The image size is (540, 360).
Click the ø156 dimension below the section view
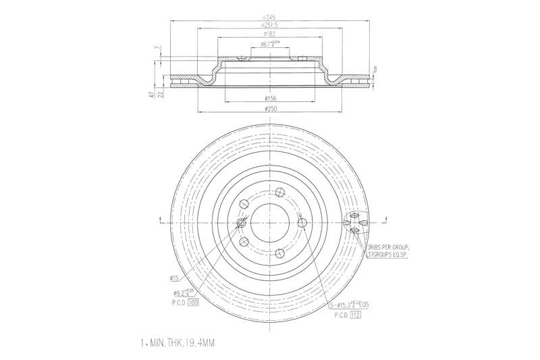[x=270, y=99]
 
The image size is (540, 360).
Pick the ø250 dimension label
[x=270, y=108]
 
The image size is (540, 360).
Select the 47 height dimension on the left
[x=152, y=95]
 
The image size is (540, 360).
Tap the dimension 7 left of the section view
[x=157, y=49]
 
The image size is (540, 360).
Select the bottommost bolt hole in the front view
[x=278, y=253]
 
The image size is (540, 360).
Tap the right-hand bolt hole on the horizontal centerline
[x=302, y=223]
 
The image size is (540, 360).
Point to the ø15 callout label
[x=173, y=278]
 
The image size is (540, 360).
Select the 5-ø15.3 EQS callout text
[x=351, y=305]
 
